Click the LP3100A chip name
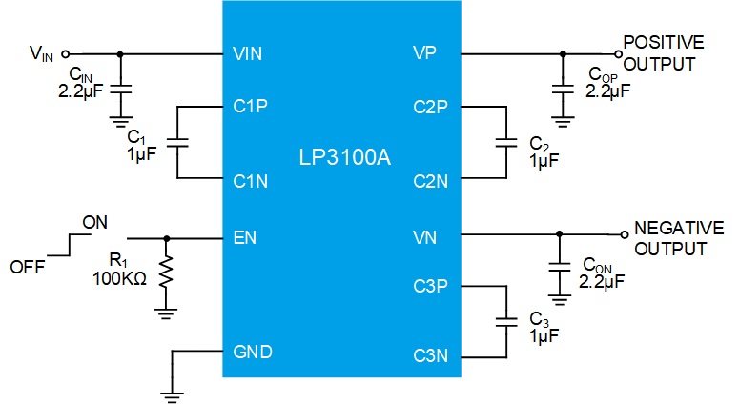coord(342,155)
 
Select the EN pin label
coord(244,237)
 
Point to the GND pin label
coord(253,352)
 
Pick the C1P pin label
coord(251,107)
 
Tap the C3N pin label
coord(430,356)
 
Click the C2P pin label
coord(430,107)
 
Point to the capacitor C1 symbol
coord(177,142)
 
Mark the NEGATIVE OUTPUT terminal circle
coord(624,232)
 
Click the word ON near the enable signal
coord(94,223)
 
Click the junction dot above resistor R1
coord(167,238)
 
